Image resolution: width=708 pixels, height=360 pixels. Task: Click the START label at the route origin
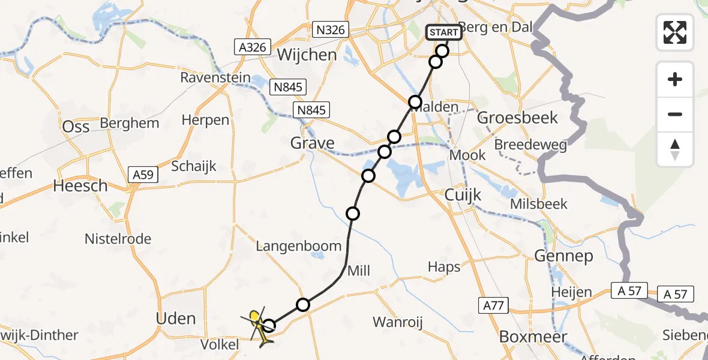[444, 32]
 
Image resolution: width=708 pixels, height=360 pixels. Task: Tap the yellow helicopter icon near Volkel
[257, 328]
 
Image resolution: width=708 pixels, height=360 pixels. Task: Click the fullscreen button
[675, 32]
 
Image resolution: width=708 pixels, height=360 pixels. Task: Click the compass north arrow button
[675, 149]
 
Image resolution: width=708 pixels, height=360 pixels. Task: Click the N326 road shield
[331, 29]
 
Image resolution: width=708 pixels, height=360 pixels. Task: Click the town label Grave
[312, 143]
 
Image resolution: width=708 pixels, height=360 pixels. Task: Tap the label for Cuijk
[460, 194]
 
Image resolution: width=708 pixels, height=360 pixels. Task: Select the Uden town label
[176, 319]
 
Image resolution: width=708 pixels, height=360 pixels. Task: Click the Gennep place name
[563, 256]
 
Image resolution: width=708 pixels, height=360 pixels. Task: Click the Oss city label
[76, 126]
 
